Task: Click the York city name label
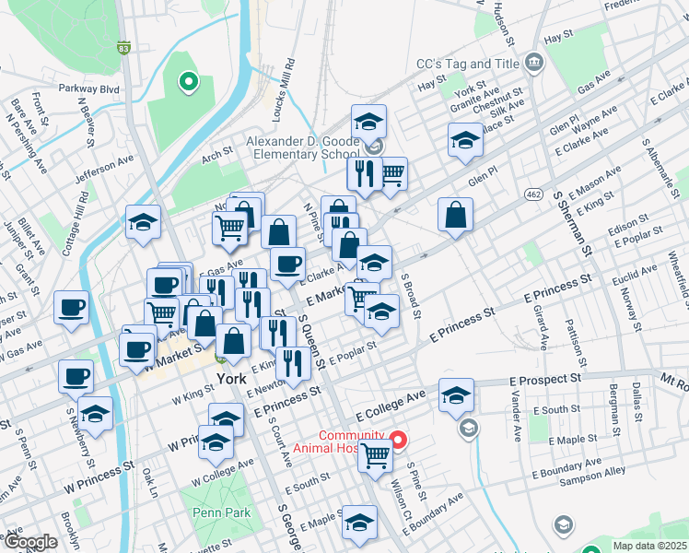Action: [x=232, y=380]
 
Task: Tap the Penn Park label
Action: [x=216, y=512]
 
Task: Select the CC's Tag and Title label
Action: [x=467, y=64]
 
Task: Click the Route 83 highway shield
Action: [x=123, y=47]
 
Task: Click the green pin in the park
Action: [x=188, y=83]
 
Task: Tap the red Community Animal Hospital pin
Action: [x=398, y=440]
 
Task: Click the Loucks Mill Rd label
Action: [x=289, y=88]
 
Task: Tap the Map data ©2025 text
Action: [x=648, y=546]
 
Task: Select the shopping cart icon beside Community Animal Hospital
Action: [x=375, y=453]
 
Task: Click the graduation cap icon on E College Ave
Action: [x=456, y=394]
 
